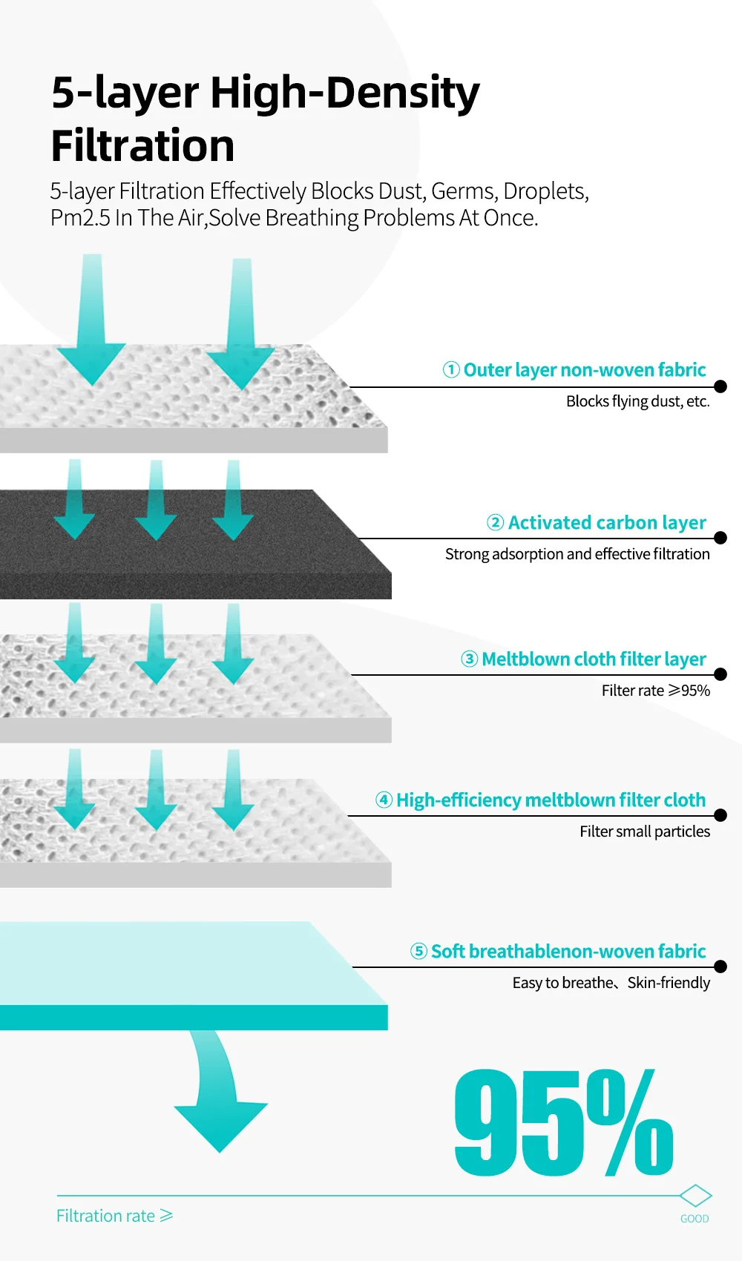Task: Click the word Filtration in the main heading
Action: coord(142,145)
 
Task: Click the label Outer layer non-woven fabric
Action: coord(584,369)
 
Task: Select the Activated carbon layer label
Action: coord(606,522)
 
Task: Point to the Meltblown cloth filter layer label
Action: coord(594,659)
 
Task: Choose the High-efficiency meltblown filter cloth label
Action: coord(551,800)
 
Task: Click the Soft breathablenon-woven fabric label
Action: coord(568,951)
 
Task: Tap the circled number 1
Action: coord(451,369)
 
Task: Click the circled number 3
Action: coord(469,659)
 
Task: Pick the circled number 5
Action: coord(418,951)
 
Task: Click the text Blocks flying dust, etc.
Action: coord(637,401)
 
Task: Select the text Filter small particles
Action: coord(644,832)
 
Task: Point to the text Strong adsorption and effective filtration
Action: coord(577,554)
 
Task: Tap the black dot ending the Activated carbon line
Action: coord(720,538)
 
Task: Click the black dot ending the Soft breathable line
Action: coord(720,967)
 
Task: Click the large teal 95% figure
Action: coord(564,1123)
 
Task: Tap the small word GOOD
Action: coord(695,1219)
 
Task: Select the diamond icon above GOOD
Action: coord(695,1196)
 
